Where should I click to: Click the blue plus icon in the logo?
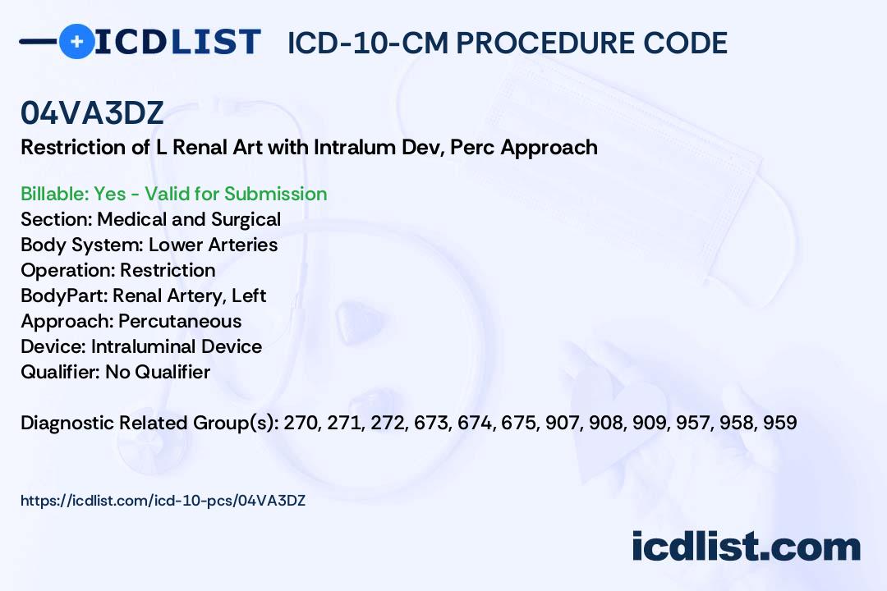click(x=76, y=41)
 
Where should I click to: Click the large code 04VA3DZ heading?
click(x=92, y=112)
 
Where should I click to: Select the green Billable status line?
click(x=173, y=194)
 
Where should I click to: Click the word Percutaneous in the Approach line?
click(x=180, y=321)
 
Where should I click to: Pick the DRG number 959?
click(x=780, y=423)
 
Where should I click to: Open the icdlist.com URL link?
click(x=163, y=501)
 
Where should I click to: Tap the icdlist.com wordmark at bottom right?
click(x=746, y=547)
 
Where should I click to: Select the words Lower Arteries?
click(x=214, y=245)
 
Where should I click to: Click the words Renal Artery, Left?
click(x=190, y=295)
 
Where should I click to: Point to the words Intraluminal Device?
click(x=177, y=346)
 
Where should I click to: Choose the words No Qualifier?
click(x=158, y=372)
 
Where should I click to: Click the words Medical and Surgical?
click(x=189, y=219)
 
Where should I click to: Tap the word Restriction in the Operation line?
click(x=168, y=270)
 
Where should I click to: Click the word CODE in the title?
click(x=686, y=43)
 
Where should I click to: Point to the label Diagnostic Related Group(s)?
click(x=150, y=423)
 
